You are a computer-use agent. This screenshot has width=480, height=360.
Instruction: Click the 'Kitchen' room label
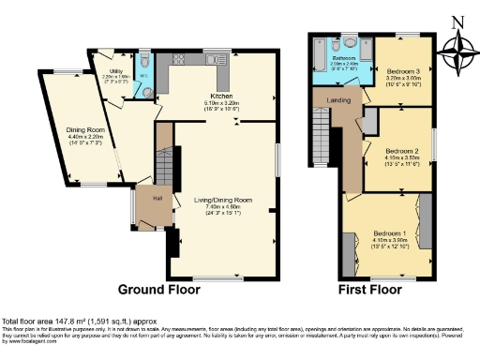click(222, 97)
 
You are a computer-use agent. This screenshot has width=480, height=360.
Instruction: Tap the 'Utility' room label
click(117, 71)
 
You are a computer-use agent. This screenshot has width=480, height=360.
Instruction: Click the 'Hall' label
click(157, 199)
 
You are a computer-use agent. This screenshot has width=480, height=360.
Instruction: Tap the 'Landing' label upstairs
click(337, 99)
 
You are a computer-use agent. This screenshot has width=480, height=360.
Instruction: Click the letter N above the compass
click(457, 20)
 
